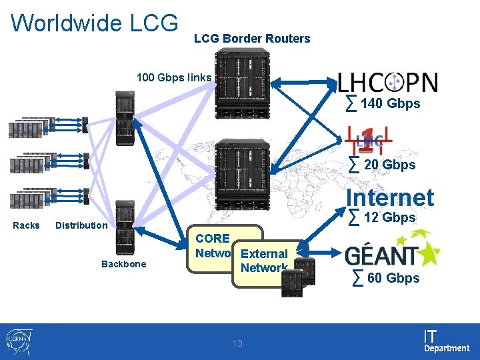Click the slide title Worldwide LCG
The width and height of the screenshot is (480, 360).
pos(95,23)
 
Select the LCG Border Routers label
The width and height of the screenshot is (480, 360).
pos(252,39)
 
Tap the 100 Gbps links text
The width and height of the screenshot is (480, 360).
pos(173,78)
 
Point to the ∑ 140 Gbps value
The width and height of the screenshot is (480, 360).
pos(383,103)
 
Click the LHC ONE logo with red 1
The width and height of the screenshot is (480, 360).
pos(369,139)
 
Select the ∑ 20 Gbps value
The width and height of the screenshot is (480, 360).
pos(383,165)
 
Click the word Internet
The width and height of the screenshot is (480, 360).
pos(389,197)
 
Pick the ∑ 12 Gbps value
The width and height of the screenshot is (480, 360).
pos(383,217)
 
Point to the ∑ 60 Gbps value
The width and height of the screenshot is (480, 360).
pos(386,278)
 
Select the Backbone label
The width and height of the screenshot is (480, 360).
pos(123,264)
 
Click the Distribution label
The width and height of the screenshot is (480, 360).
pos(81,225)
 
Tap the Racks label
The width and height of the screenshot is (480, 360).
pos(26,225)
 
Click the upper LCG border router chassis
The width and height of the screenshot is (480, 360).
pos(243,80)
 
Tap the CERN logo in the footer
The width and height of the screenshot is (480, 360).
pos(18,341)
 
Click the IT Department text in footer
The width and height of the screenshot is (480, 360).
pos(446,341)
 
